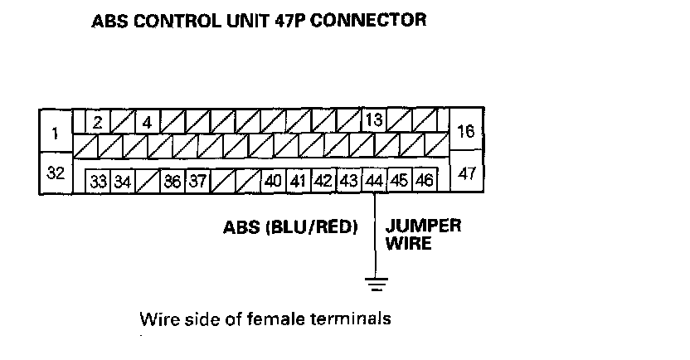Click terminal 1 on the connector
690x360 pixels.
pos(56,132)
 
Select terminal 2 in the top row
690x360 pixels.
pos(97,122)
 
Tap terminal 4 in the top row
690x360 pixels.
pos(147,122)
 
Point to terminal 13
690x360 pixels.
pos(373,121)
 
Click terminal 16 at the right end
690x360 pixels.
pos(465,132)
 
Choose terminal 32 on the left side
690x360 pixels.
pos(56,173)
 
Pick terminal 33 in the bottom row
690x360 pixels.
pos(99,181)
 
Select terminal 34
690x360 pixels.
pos(123,181)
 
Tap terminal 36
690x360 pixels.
pos(172,181)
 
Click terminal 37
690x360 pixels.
pos(197,181)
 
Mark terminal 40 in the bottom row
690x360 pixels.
pos(273,181)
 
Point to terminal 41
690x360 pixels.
pos(299,181)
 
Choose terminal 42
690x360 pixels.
pos(323,181)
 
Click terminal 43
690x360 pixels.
pos(349,181)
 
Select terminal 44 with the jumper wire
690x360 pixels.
pos(374,181)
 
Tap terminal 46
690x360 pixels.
pos(425,181)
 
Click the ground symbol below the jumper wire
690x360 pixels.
pos(376,285)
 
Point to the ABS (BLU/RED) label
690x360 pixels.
pos(289,227)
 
